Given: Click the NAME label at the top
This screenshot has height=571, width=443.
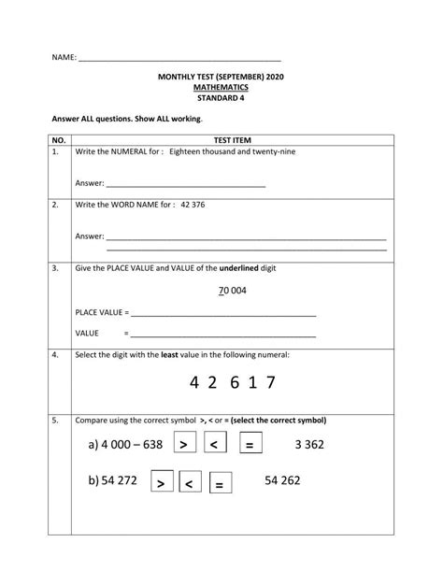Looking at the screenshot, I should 64,58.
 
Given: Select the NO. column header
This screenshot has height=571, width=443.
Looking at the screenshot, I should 57,138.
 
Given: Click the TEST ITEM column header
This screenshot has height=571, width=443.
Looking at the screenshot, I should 233,138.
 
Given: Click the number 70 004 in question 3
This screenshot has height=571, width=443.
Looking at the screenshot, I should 232,291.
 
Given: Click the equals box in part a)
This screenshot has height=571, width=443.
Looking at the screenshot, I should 250,444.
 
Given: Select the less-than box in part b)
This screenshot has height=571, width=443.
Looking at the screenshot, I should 188,483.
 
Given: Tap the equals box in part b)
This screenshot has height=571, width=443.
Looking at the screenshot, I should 218,483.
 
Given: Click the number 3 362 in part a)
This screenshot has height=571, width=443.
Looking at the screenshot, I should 307,444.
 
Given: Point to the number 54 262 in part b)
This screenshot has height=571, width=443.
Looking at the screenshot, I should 282,480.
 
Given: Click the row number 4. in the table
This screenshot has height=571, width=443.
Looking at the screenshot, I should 55,355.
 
